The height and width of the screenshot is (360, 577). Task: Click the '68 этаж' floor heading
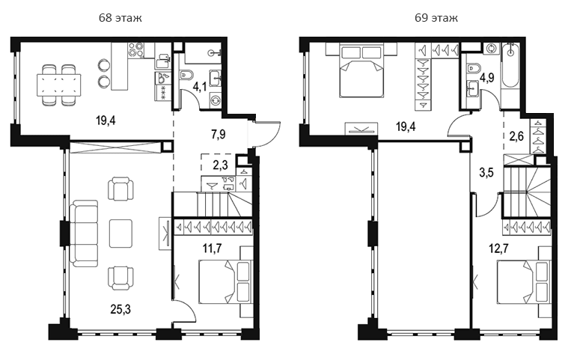[x=120, y=18]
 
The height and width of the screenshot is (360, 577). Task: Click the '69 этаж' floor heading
[x=436, y=18]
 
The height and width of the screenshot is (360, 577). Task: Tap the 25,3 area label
[x=120, y=310]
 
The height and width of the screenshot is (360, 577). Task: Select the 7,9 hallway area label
[x=219, y=135]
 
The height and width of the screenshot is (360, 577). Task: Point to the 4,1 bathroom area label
[x=200, y=88]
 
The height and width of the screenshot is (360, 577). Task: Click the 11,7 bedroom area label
[x=213, y=248]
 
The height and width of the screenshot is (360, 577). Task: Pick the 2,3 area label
[x=220, y=165]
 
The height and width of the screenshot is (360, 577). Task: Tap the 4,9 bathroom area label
[x=487, y=78]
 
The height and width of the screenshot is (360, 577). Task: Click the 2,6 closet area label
[x=516, y=136]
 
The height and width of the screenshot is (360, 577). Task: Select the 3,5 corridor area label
[x=486, y=172]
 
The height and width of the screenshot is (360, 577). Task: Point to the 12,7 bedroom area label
[x=498, y=248]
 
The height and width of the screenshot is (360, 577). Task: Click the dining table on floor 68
[x=58, y=85]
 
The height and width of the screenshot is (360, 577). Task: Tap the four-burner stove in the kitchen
[x=135, y=50]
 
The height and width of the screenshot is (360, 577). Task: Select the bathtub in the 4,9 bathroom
[x=510, y=66]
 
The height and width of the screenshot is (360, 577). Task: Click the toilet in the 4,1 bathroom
[x=187, y=76]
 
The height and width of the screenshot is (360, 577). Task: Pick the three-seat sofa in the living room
[x=84, y=234]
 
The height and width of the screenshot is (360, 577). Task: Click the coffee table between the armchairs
[x=120, y=234]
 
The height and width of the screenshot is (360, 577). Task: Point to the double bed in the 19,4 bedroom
[x=361, y=70]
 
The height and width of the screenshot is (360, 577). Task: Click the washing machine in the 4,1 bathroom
[x=216, y=100]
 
